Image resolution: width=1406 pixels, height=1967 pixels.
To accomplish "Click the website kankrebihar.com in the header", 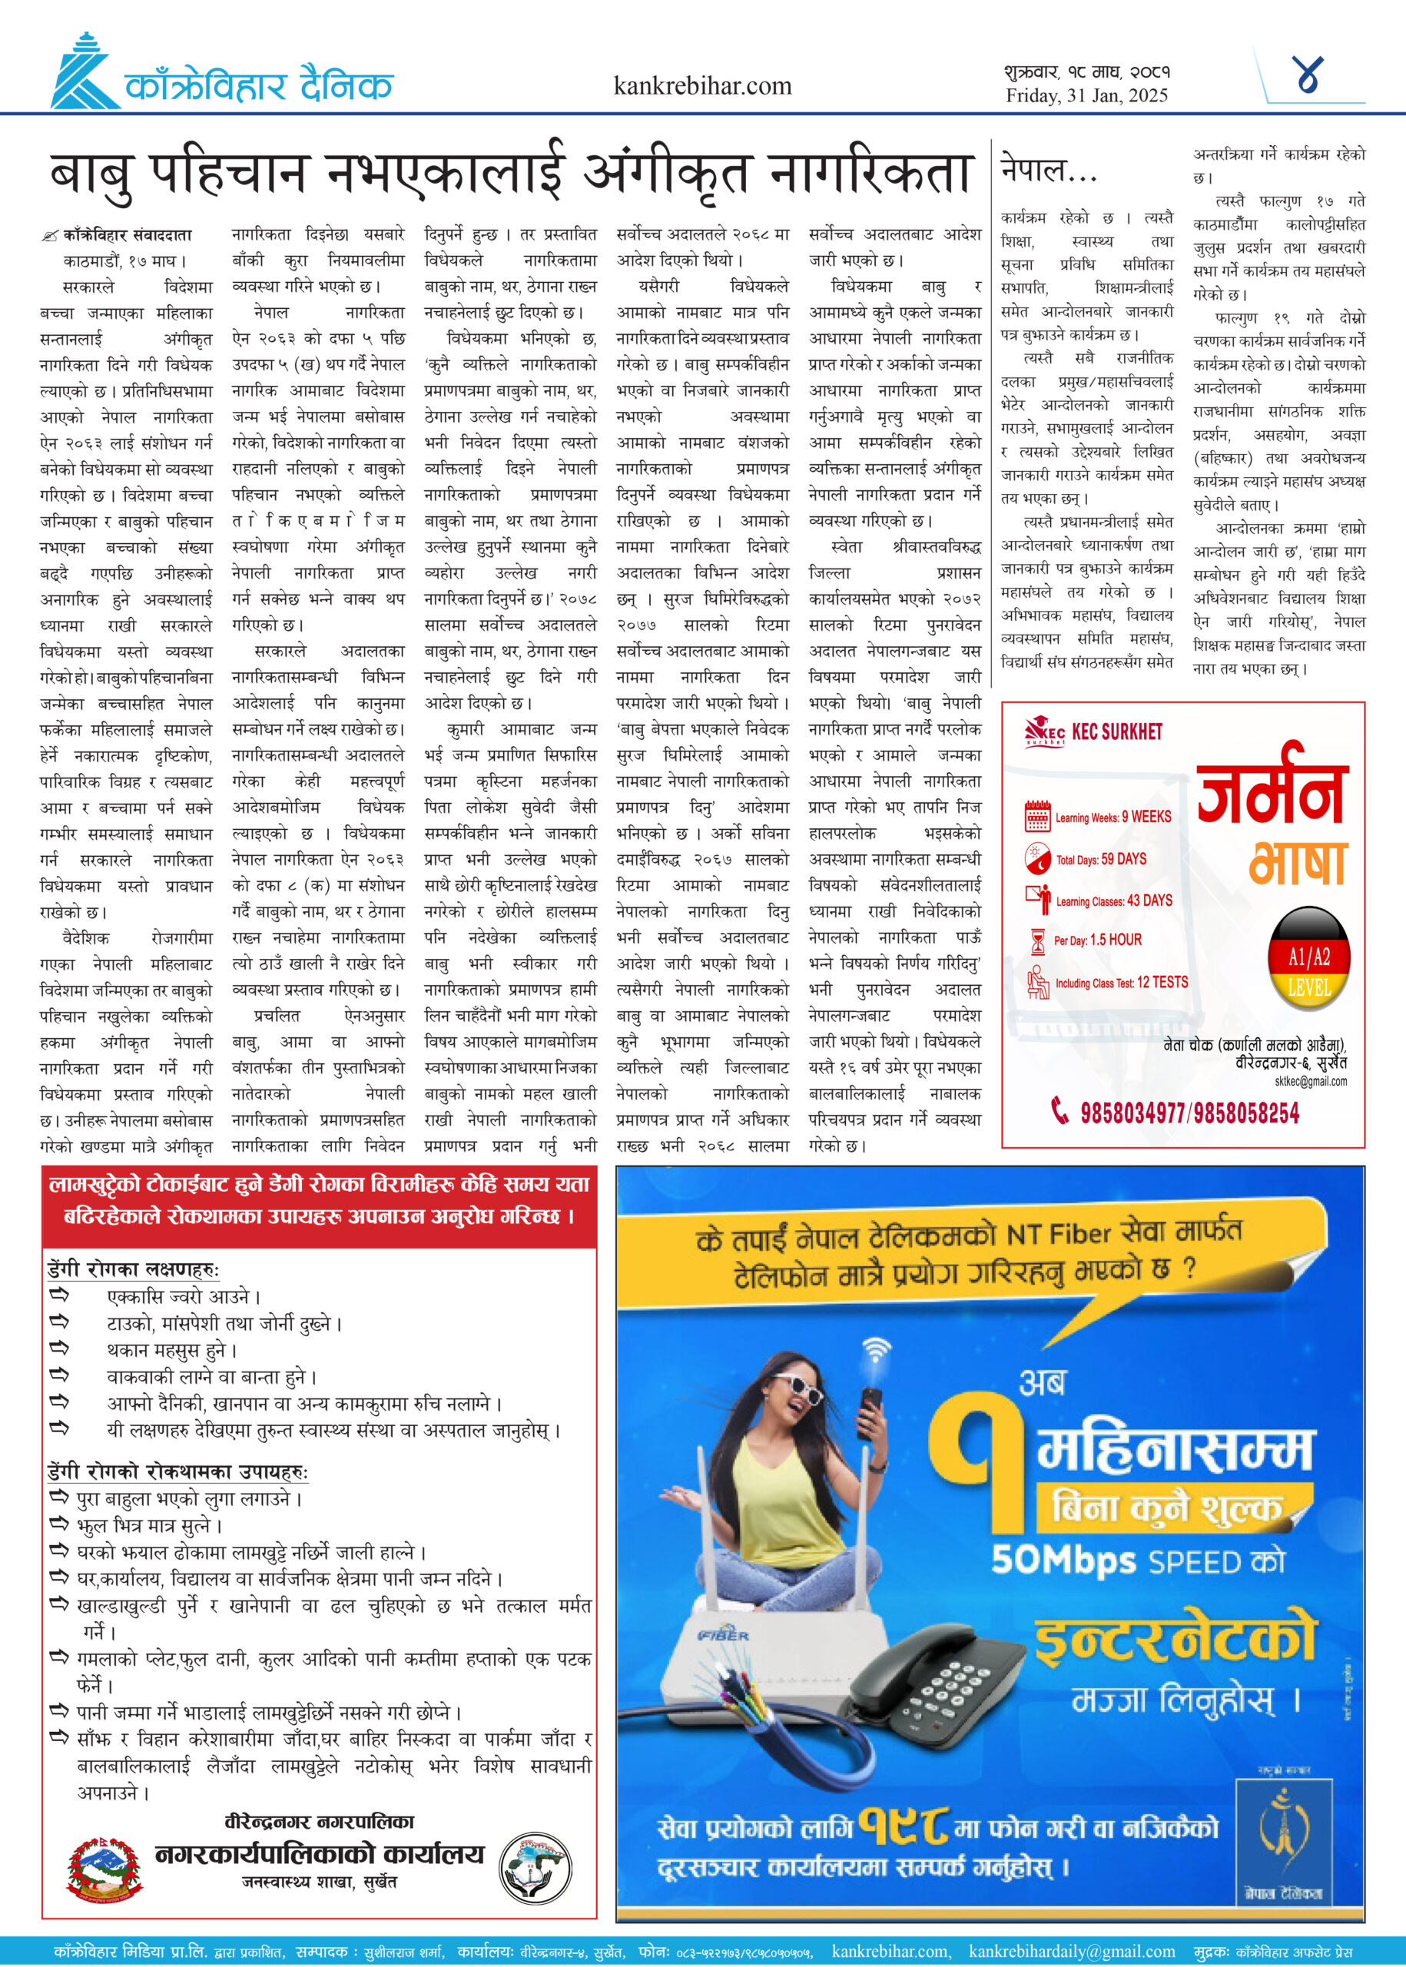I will (x=702, y=86).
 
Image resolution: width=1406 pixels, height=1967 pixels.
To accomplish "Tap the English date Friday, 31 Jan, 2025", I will (x=1086, y=95).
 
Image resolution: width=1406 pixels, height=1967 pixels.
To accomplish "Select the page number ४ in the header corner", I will (x=1308, y=75).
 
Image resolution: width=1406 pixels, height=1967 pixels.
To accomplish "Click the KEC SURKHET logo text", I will (x=1116, y=732).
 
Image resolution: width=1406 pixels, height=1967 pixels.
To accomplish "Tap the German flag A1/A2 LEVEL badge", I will (x=1309, y=958).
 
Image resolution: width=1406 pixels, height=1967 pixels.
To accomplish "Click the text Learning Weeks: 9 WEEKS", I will (x=1113, y=817).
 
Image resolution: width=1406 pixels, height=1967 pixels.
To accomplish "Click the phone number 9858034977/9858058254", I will (x=1189, y=1113).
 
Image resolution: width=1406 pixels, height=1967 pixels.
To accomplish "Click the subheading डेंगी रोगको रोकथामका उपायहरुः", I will (x=177, y=1471).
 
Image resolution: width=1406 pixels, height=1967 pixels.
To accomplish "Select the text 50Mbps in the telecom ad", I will (x=1063, y=1560).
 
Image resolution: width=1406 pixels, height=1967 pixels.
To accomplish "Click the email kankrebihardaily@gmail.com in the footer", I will (x=1071, y=1952).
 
